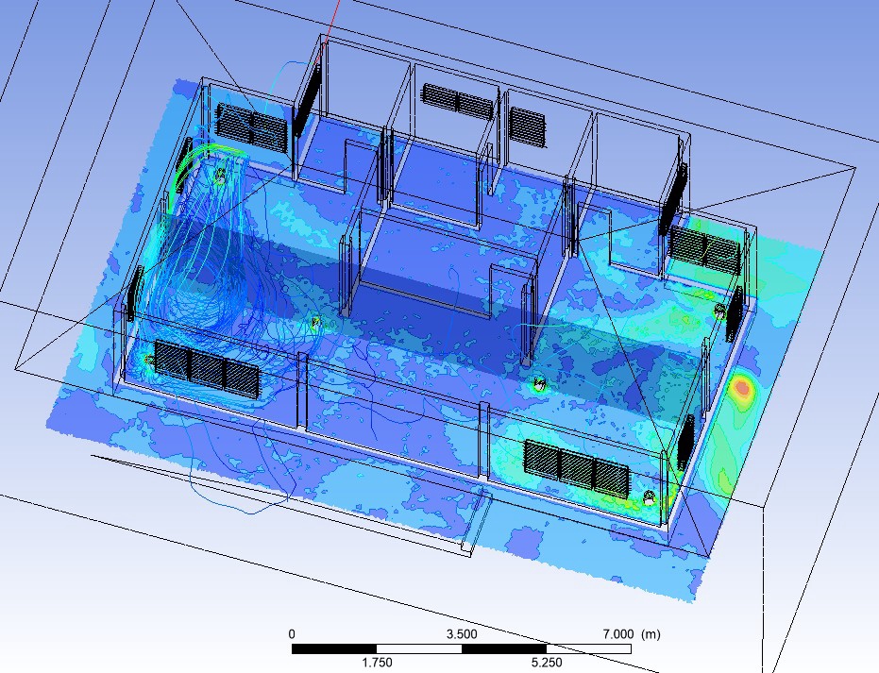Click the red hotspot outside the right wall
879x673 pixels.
click(744, 387)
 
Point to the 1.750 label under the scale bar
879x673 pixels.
click(377, 663)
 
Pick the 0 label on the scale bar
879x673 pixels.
click(292, 634)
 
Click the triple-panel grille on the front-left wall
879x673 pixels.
click(206, 367)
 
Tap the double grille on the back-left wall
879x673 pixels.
click(251, 127)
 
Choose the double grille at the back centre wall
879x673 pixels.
click(458, 100)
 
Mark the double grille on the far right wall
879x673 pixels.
click(704, 249)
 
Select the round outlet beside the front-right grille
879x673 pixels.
click(649, 496)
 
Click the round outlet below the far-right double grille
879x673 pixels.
click(720, 311)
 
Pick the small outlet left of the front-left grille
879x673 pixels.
click(149, 361)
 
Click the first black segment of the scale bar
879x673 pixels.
click(334, 649)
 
